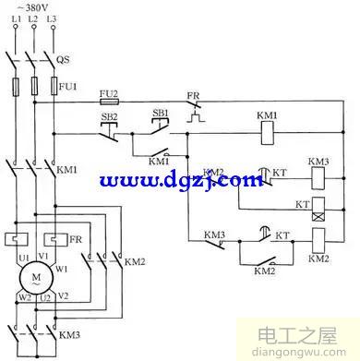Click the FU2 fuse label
[107, 94]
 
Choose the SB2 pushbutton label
[109, 117]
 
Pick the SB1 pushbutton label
[159, 113]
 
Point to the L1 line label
[15, 19]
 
